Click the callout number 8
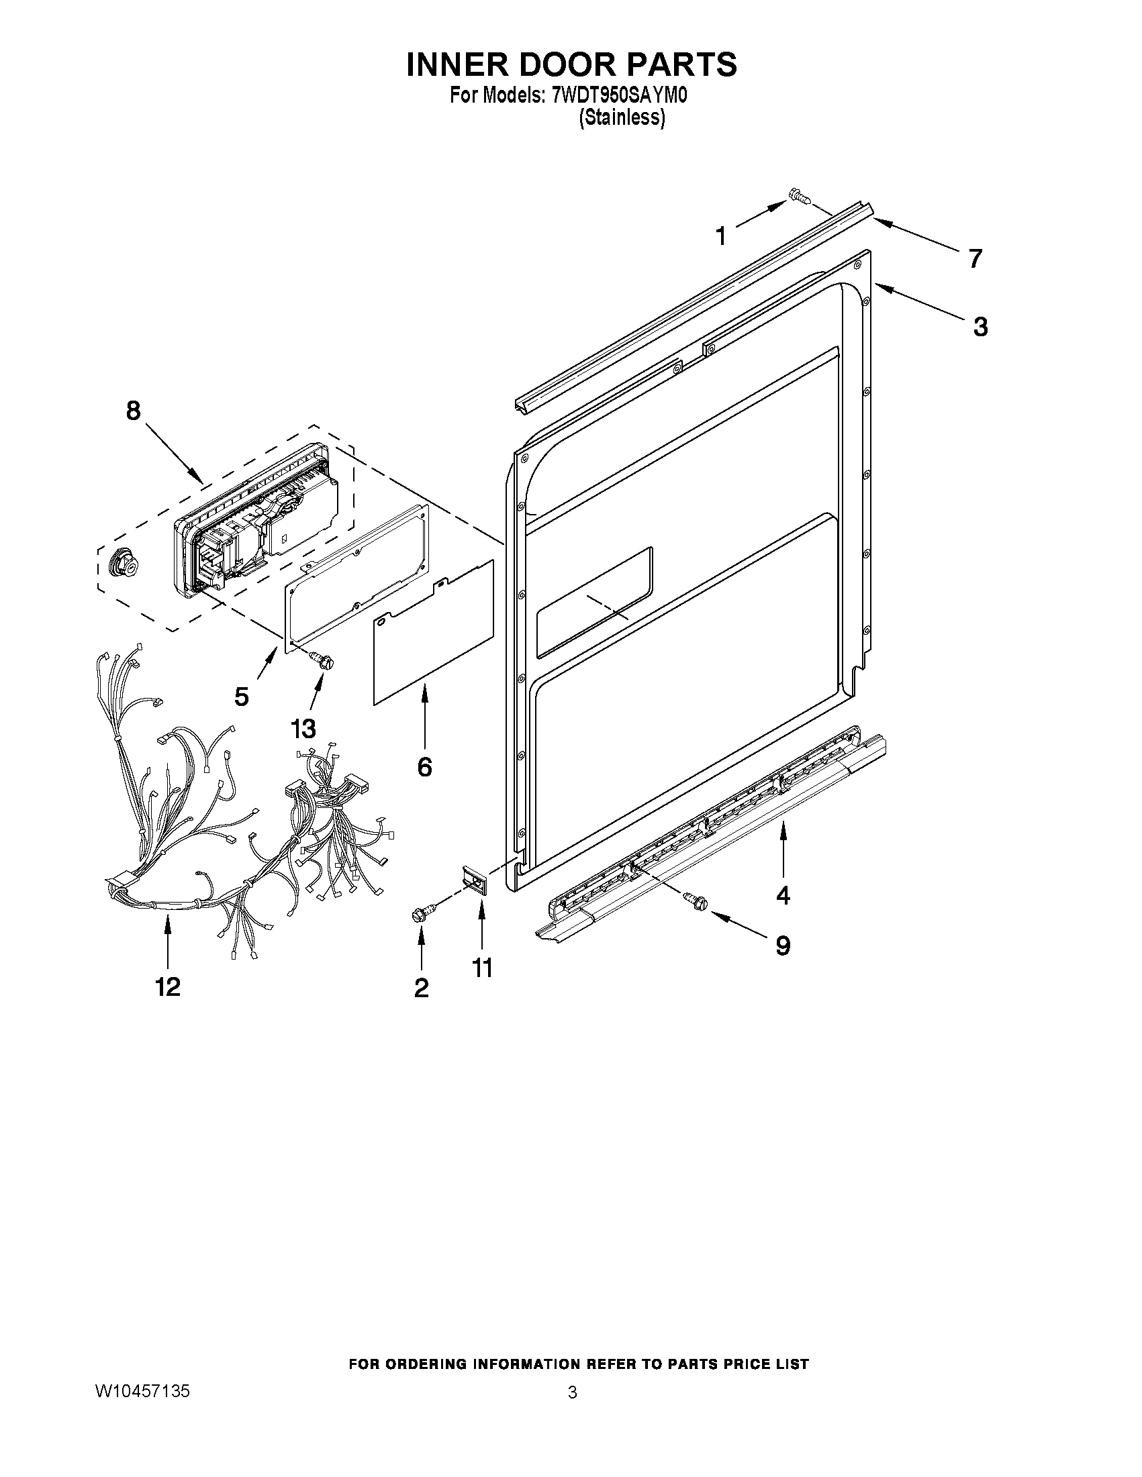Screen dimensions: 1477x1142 click(134, 410)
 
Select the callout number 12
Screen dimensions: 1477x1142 click(168, 986)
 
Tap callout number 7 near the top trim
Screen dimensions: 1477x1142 click(974, 258)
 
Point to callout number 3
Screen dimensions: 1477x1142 click(980, 327)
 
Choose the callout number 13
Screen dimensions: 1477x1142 click(303, 728)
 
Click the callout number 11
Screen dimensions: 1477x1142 click(481, 968)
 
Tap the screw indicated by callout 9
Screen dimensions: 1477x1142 click(695, 899)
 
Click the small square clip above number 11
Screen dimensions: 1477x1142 click(475, 880)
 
